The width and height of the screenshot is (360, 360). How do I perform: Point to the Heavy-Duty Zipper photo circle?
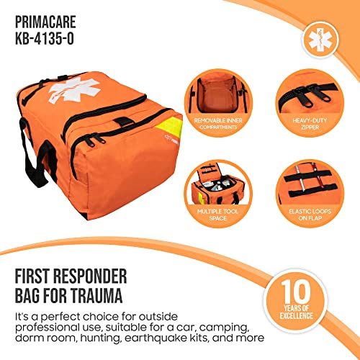tap(306, 99)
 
